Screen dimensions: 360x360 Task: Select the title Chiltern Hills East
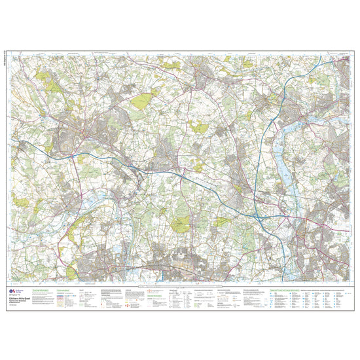tap(33, 289)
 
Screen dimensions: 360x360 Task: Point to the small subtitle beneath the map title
tap(32, 293)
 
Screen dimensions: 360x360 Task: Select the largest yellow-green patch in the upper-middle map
tap(140, 101)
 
